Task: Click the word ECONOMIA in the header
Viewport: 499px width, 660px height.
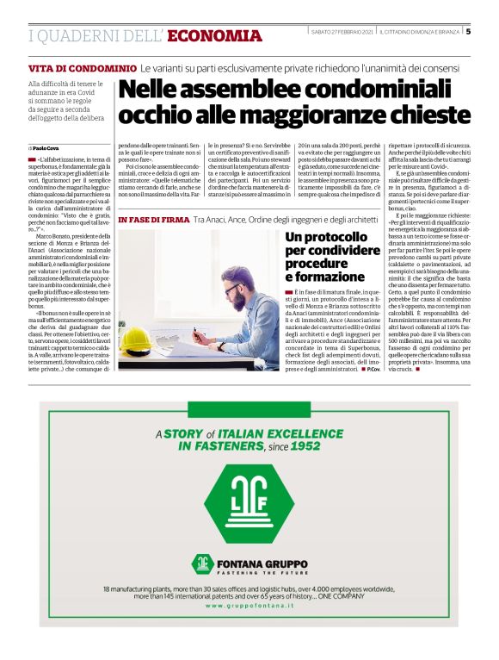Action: (x=215, y=35)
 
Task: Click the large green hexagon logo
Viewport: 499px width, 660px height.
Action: (x=249, y=503)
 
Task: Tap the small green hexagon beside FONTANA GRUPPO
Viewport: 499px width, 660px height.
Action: (x=202, y=563)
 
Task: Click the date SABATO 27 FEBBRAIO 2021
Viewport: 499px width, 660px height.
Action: (x=342, y=33)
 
